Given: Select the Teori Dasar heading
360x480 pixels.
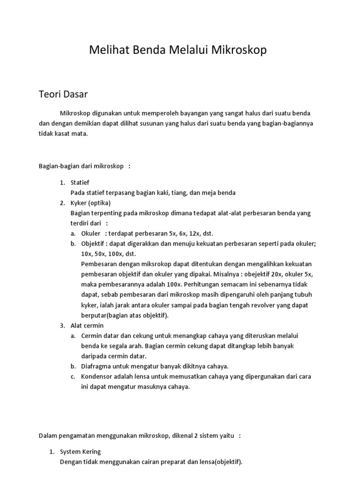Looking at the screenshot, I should pyautogui.click(x=63, y=94).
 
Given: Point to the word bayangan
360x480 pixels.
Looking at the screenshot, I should pyautogui.click(x=193, y=113).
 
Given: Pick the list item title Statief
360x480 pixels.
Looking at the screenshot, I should pyautogui.click(x=80, y=182).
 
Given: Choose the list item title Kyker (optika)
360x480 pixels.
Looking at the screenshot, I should pyautogui.click(x=90, y=203).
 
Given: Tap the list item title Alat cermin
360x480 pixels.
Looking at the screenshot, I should pyautogui.click(x=87, y=325).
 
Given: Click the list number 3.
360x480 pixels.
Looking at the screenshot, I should pyautogui.click(x=62, y=325).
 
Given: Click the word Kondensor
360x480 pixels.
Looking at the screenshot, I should pyautogui.click(x=97, y=376).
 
